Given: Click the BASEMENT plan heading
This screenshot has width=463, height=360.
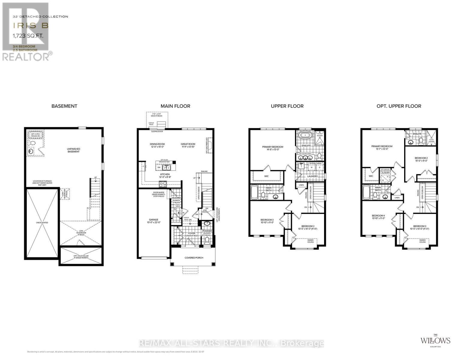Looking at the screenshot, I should tap(64, 106).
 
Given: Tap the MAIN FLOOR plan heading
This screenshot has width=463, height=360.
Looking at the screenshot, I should tap(175, 106).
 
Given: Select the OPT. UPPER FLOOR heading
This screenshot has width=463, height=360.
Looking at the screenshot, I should tap(399, 106).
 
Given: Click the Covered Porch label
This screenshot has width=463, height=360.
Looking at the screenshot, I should tap(194, 257).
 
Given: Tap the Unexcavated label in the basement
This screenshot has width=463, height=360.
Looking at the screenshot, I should tap(42, 223).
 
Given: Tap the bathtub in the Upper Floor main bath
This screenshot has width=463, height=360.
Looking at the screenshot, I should tap(254, 192).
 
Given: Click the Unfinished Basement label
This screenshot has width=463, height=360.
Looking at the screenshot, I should tap(74, 150).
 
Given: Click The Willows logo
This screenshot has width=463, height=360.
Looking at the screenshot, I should tap(435, 340).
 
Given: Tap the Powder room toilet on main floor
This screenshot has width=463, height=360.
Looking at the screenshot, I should tap(207, 233).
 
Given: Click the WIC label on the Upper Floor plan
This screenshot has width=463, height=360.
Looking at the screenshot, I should tap(266, 176).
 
